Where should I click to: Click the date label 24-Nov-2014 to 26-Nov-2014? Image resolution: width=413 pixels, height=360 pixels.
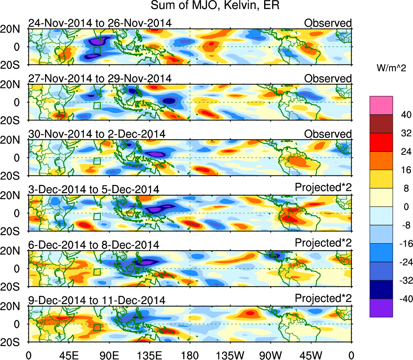[100, 23]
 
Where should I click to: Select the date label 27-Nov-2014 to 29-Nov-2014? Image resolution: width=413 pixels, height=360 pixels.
[100, 78]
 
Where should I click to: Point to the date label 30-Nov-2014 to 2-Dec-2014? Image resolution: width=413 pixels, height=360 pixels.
[96, 134]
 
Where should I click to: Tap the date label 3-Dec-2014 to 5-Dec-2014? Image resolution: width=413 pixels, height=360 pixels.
[93, 189]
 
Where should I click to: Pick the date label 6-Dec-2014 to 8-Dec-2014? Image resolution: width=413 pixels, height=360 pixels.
[93, 245]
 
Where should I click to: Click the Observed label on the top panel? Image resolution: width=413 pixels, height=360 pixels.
[328, 23]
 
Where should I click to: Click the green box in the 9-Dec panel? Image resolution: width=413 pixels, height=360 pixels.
[97, 327]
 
